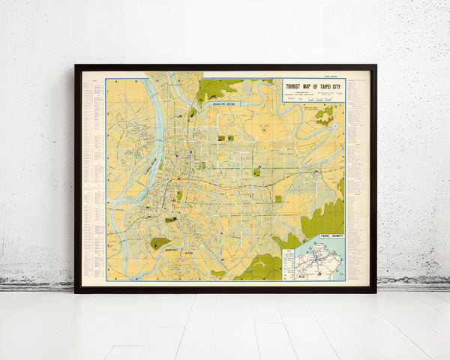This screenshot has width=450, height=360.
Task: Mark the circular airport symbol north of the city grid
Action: pyautogui.click(x=265, y=130)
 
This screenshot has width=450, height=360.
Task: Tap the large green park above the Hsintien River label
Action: pyautogui.click(x=159, y=243)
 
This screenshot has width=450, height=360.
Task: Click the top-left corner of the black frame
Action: pyautogui.click(x=76, y=66)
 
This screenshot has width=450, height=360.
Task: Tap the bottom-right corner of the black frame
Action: pyautogui.click(x=375, y=292)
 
